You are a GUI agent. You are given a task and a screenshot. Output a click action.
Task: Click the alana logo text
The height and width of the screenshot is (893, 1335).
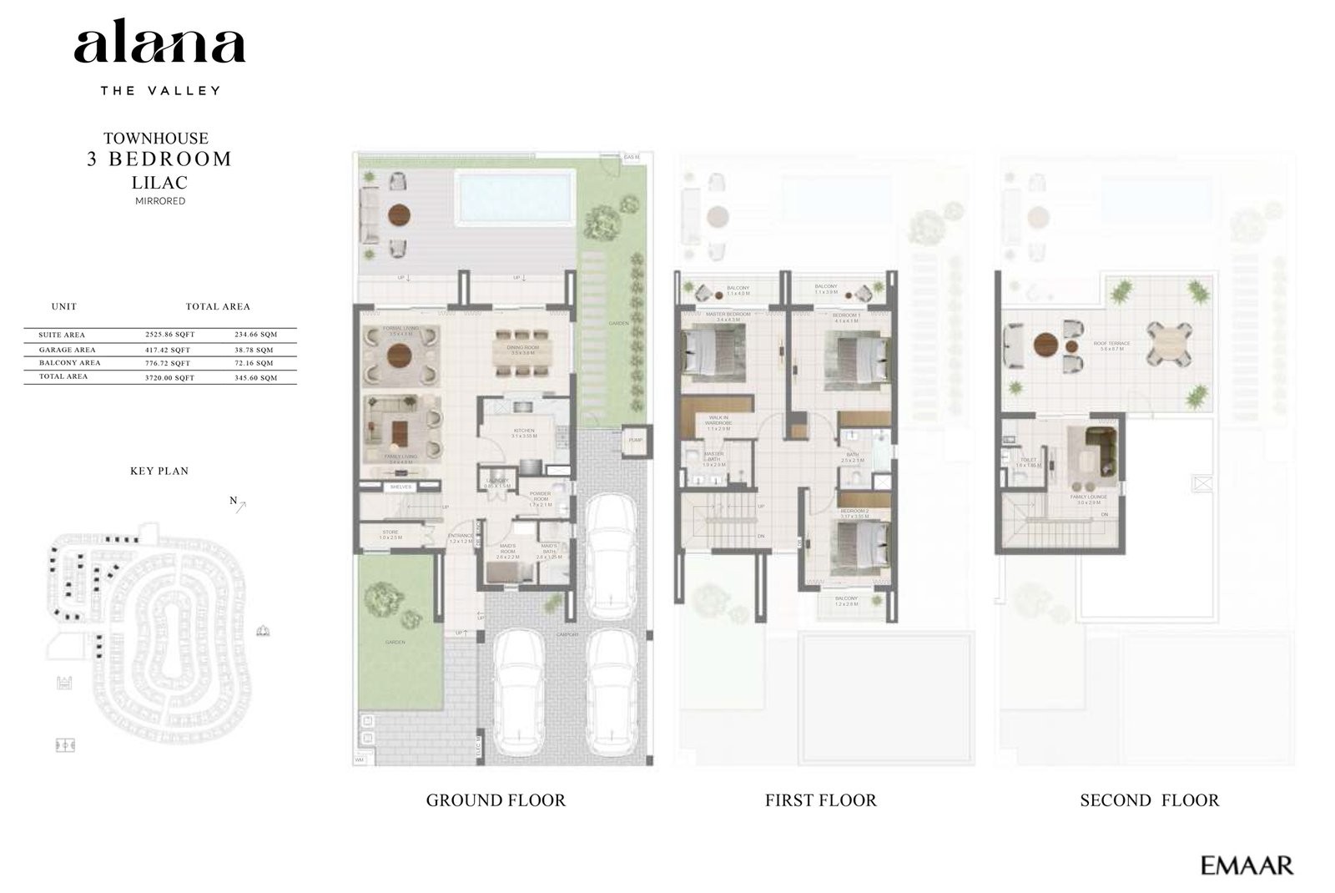point(159,46)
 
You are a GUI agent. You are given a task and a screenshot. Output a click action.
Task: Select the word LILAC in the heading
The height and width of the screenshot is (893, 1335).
point(159,182)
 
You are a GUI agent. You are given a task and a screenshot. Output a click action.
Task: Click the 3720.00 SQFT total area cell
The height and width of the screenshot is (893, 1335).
point(169,378)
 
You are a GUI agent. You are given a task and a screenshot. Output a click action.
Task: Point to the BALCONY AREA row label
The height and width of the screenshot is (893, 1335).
point(69,363)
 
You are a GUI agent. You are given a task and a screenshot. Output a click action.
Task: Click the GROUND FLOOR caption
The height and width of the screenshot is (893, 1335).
point(496,800)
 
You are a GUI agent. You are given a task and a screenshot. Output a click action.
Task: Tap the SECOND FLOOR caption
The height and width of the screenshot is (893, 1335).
point(1149,800)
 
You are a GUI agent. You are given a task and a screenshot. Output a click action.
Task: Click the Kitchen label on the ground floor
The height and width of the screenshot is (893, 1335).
point(524,431)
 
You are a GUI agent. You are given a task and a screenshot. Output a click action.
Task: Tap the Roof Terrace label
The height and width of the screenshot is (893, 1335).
point(1112,344)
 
